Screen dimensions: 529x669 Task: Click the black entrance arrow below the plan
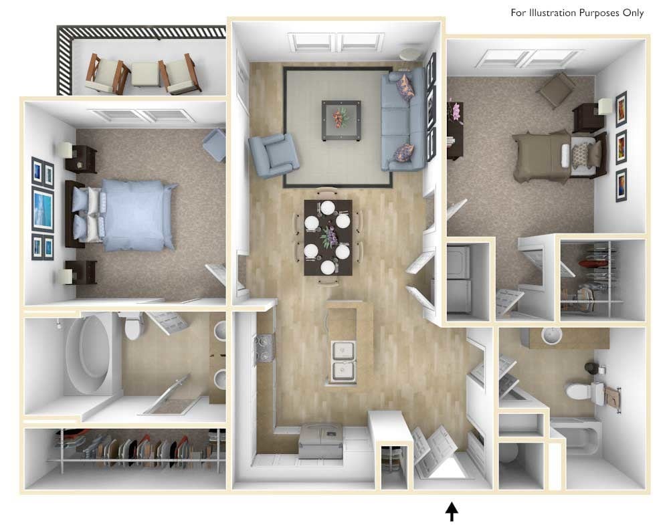pos(452,512)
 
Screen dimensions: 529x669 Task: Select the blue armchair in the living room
pos(272,154)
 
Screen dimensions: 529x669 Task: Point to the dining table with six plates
pos(328,237)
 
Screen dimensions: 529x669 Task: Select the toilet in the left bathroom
pos(134,326)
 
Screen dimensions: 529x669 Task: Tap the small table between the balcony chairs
pos(145,74)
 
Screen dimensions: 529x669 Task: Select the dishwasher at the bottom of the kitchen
pos(320,440)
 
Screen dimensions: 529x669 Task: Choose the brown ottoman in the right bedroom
pos(556,90)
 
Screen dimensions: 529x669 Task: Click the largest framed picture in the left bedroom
pos(42,210)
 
